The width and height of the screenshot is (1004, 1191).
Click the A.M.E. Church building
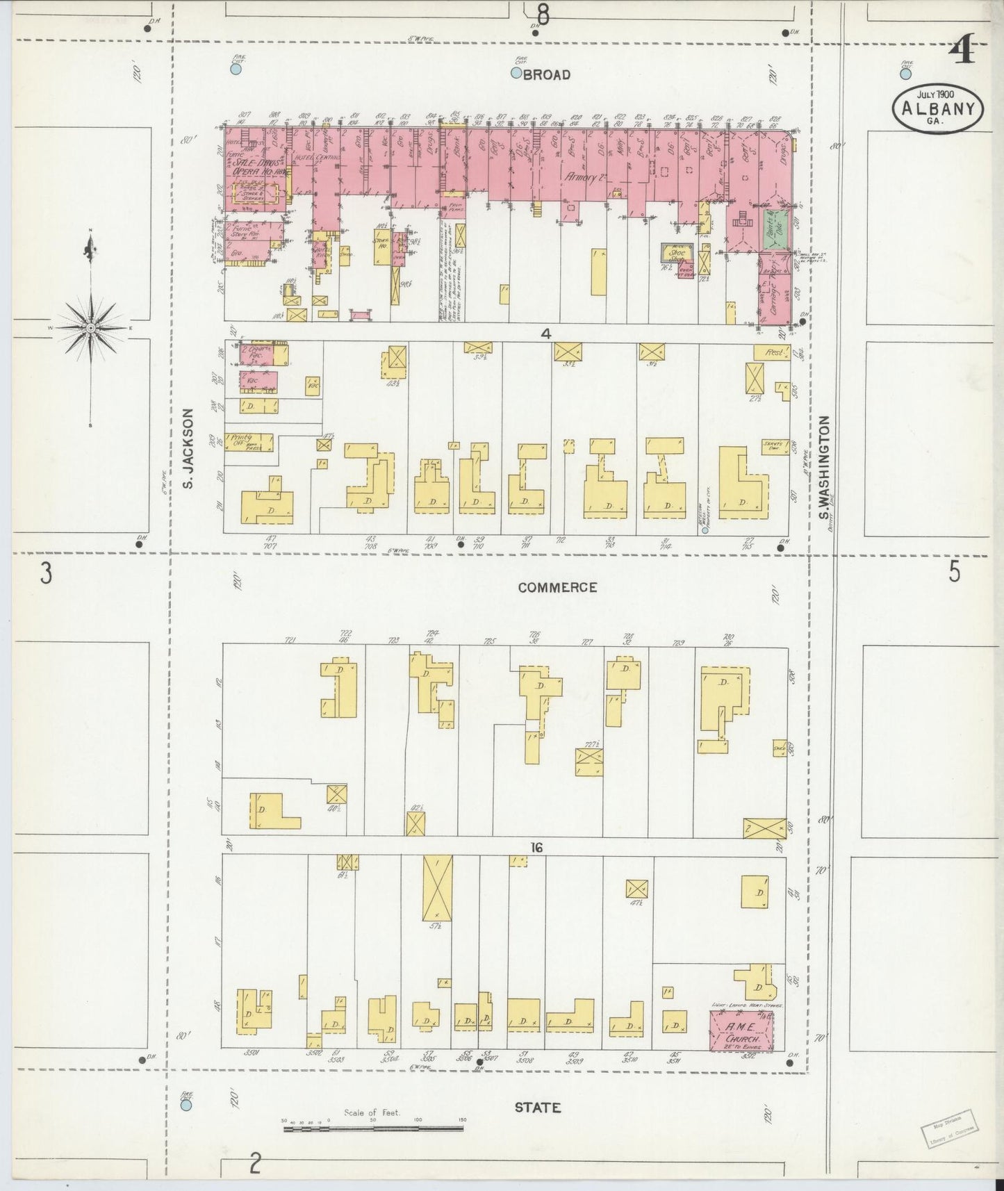point(741,1030)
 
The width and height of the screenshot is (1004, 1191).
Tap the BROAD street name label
point(546,74)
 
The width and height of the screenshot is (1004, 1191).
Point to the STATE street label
point(537,1108)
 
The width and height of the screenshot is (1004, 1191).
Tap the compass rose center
point(90,327)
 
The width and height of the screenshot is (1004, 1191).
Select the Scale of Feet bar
point(373,1129)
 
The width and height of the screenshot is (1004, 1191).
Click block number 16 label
point(535,847)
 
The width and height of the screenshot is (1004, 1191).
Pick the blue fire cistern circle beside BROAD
point(516,73)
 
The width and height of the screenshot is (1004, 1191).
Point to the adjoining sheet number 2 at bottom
point(255,1163)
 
